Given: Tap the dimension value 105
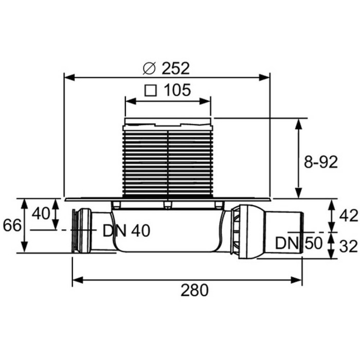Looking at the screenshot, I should coord(177,91).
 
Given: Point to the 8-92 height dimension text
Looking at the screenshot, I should coord(320,162).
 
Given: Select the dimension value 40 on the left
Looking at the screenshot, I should coord(41,212).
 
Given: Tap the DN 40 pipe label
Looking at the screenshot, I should coord(126,231).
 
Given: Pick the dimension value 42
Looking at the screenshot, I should coord(349,215).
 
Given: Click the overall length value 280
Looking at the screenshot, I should coord(194,291).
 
